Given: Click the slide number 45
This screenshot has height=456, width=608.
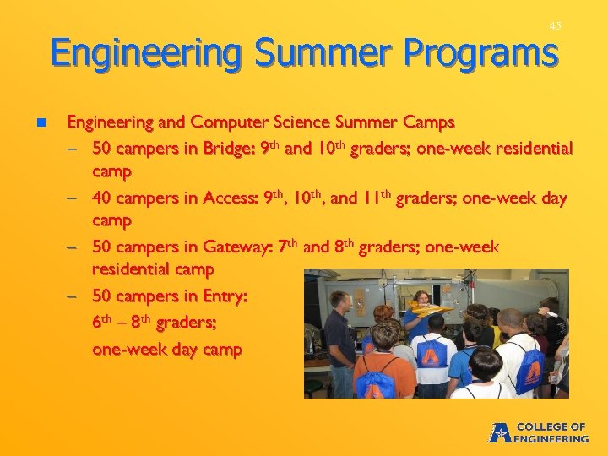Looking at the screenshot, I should click(x=554, y=26).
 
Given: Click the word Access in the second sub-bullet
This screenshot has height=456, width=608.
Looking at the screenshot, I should click(x=228, y=198).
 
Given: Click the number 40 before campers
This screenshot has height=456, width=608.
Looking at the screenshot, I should click(x=102, y=198).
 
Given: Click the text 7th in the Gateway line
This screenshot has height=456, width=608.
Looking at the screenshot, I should click(x=288, y=247).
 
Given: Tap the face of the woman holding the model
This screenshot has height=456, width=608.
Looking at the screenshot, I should click(x=421, y=300).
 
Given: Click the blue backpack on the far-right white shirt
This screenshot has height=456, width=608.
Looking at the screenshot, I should click(x=530, y=363).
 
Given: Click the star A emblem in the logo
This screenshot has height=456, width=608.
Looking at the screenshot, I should click(x=500, y=432).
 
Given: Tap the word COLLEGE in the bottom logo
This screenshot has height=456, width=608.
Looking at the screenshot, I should click(x=551, y=426).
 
